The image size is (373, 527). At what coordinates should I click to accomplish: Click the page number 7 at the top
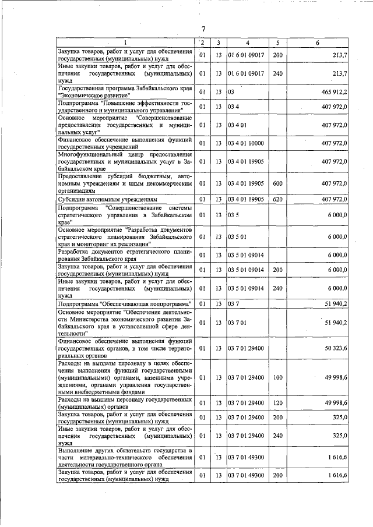pos(203,30)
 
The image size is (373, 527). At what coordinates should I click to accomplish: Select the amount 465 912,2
pos(333,92)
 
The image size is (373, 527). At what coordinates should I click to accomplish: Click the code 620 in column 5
pos(277,200)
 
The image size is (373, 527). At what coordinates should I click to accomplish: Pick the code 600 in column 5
pos(277,183)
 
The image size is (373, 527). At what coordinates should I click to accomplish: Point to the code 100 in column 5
pos(277,377)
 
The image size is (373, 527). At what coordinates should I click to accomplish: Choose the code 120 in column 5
pos(277,402)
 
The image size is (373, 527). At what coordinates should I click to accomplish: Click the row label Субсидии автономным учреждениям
pos(99,200)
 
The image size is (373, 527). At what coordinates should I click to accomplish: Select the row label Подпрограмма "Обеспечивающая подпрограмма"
pos(125,303)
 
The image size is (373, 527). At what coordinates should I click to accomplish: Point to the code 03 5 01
pos(237,237)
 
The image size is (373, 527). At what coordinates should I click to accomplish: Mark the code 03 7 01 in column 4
pos(237,323)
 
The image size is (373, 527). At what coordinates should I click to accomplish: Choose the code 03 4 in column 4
pos(233,107)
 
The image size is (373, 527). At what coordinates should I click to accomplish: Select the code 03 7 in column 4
pos(233,303)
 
